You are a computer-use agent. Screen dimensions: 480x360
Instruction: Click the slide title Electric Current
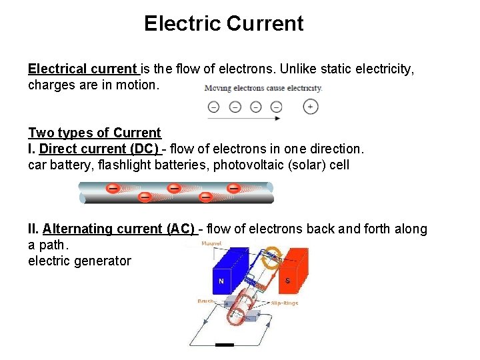point(223,24)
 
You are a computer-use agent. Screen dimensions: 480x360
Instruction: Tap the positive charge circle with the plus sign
point(310,106)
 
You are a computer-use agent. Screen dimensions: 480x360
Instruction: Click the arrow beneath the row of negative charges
point(243,119)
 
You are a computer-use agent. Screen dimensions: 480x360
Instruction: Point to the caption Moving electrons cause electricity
point(263,88)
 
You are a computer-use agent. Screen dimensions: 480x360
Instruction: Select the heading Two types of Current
point(95,133)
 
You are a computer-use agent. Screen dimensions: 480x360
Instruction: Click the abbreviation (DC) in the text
point(143,149)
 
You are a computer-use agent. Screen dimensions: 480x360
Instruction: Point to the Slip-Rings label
point(284,303)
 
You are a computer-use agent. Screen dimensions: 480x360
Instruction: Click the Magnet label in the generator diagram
point(212,244)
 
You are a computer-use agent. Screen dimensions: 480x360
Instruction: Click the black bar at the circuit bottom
point(225,345)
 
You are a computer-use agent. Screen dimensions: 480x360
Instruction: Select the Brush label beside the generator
point(205,302)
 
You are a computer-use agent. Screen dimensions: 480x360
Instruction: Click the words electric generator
point(79,261)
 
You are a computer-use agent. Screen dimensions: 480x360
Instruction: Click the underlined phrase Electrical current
point(83,69)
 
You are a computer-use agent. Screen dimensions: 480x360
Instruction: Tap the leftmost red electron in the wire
point(113,189)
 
